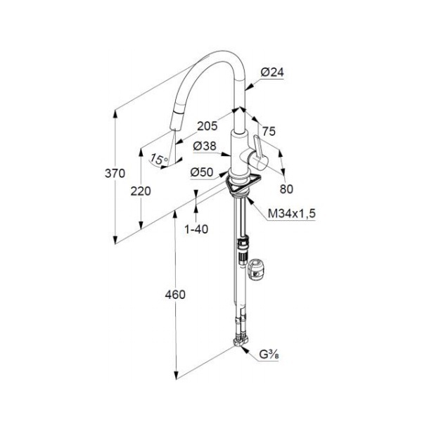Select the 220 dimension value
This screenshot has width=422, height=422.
(x=141, y=191)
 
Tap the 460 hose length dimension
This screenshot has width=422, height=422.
(x=175, y=295)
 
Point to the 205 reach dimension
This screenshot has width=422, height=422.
(x=207, y=127)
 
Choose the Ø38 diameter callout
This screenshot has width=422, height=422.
(x=205, y=147)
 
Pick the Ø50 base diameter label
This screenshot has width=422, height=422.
(x=203, y=172)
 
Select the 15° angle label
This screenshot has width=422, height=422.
(x=159, y=160)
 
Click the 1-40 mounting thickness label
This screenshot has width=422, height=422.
(x=196, y=229)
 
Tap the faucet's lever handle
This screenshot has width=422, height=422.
(x=257, y=151)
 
